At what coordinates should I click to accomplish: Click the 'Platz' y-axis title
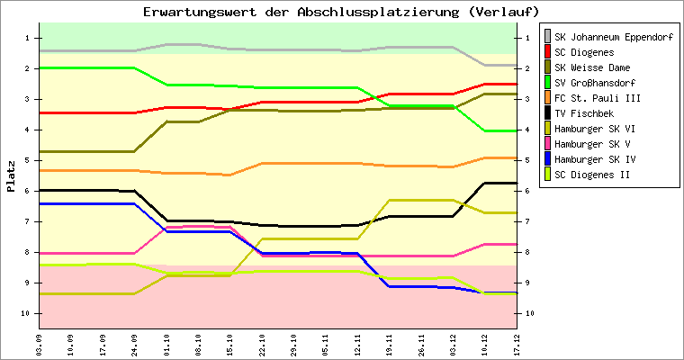pos(11,175)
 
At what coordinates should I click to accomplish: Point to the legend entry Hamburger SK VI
pos(595,129)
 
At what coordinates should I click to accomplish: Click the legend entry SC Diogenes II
pos(592,175)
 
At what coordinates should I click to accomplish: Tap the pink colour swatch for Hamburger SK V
pos(548,144)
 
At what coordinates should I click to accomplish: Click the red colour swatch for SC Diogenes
pos(548,52)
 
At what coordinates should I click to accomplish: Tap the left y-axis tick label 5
pos(29,160)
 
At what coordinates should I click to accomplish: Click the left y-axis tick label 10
pos(27,313)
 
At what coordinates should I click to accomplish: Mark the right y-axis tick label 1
pos(525,38)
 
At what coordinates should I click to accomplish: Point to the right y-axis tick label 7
pos(525,221)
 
